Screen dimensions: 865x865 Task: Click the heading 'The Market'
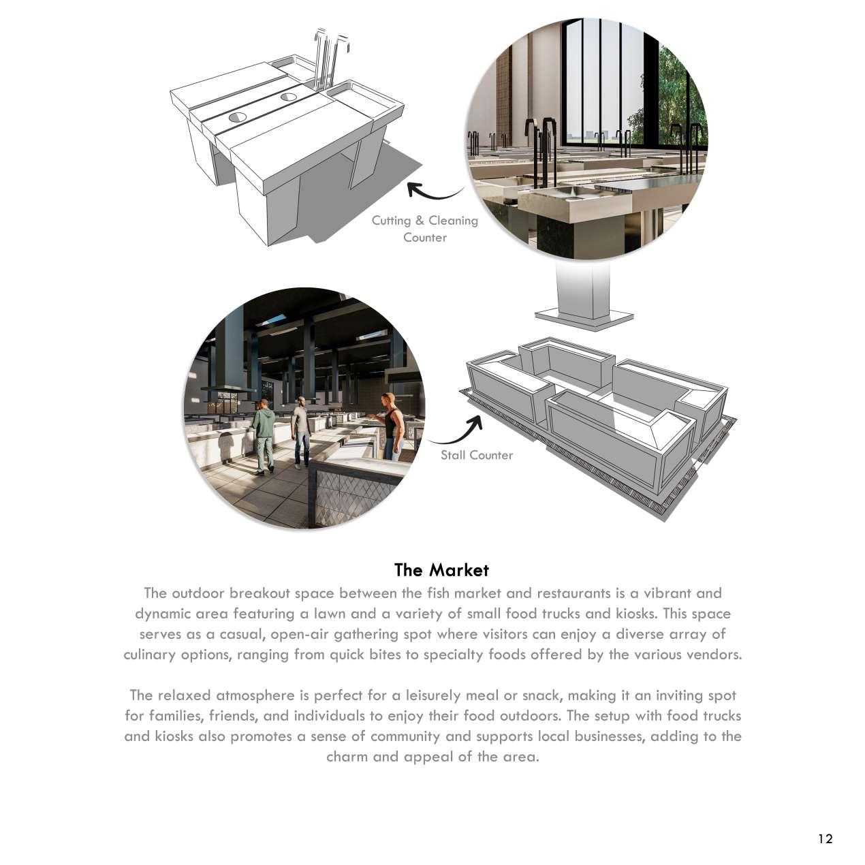click(441, 569)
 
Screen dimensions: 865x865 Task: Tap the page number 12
click(825, 838)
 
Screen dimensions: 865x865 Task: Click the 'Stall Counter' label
click(476, 455)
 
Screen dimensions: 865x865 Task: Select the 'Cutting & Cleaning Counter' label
click(424, 229)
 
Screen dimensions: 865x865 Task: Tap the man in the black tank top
click(392, 426)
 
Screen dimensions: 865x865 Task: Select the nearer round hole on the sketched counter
click(238, 117)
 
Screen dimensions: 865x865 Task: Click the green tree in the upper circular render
click(671, 89)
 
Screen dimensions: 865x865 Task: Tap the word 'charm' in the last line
click(347, 757)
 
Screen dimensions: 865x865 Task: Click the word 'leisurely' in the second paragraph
click(435, 695)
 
